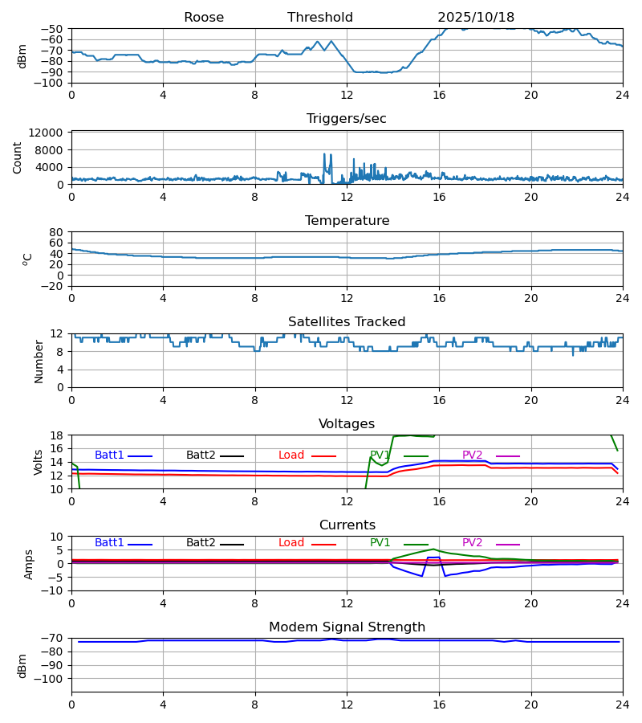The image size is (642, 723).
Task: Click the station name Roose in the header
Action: (204, 18)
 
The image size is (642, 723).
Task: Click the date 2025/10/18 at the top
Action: (476, 18)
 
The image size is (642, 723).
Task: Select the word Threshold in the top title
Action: (320, 18)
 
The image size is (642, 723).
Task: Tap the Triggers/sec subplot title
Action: (347, 119)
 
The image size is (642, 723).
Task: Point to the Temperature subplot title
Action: (347, 221)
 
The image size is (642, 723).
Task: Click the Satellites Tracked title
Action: (347, 322)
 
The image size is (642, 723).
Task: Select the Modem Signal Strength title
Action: (347, 627)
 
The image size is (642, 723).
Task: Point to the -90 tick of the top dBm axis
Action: (53, 72)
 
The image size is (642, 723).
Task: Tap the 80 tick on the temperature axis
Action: (58, 232)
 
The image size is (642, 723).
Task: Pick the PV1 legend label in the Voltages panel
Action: (380, 455)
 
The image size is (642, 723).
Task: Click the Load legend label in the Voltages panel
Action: (291, 455)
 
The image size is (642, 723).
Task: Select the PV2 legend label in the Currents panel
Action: (472, 543)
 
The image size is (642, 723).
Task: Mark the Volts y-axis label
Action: (39, 462)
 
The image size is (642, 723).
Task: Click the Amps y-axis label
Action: (29, 563)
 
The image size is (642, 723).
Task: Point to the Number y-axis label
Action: (39, 361)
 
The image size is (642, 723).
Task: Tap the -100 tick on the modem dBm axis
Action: (50, 679)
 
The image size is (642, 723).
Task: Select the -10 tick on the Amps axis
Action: (53, 590)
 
